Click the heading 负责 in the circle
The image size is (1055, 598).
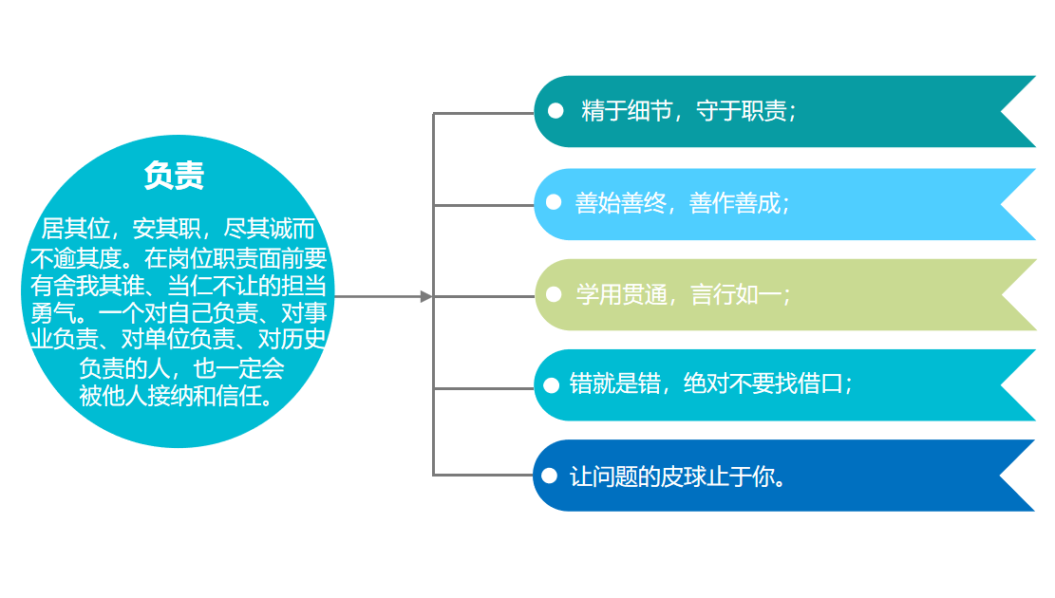(x=174, y=176)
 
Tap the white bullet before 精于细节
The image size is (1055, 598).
(x=556, y=111)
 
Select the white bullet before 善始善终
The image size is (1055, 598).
(x=554, y=202)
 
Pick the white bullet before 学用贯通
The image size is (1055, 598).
(x=554, y=294)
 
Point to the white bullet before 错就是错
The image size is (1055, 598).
(x=551, y=385)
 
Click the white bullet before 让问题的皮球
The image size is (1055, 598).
(x=549, y=476)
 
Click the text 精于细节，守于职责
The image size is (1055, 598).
(x=688, y=111)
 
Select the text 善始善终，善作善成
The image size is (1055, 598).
(x=682, y=203)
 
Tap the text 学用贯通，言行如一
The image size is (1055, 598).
(x=682, y=294)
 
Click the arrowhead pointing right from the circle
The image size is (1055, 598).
(x=426, y=296)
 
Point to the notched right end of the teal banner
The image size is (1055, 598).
(x=1016, y=112)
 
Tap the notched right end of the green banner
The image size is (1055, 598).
(x=1016, y=294)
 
